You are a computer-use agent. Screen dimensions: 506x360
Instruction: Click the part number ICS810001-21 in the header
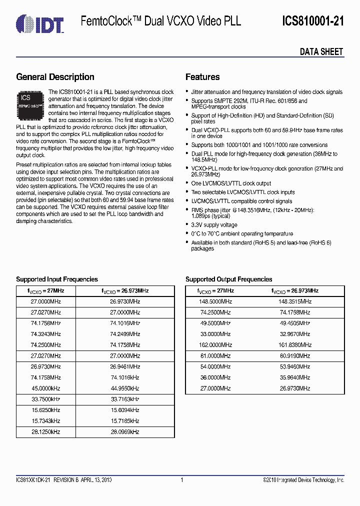tap(312, 21)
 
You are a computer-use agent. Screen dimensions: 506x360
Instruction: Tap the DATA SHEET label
tap(321, 51)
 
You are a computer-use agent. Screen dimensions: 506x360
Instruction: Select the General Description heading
tap(55, 77)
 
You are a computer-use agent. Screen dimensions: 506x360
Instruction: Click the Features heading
tap(202, 77)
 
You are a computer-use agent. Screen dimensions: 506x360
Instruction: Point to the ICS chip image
tap(31, 103)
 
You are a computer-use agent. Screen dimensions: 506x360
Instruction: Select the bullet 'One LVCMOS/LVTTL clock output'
tap(231, 183)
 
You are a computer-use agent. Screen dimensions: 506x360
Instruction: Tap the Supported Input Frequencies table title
tap(57, 279)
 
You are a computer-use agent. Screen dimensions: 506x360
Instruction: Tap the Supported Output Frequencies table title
tap(228, 279)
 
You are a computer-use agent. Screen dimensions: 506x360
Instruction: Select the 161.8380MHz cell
tap(294, 345)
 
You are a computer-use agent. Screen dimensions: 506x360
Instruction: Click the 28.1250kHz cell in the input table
tap(45, 432)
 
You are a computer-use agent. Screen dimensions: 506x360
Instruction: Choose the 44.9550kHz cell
tap(124, 388)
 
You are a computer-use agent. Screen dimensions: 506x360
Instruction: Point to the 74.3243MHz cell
tap(45, 334)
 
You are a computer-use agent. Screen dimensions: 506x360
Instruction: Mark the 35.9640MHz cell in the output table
tap(294, 377)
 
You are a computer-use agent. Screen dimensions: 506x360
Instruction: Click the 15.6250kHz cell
tap(45, 410)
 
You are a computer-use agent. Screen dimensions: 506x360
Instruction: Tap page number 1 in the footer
tap(182, 480)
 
